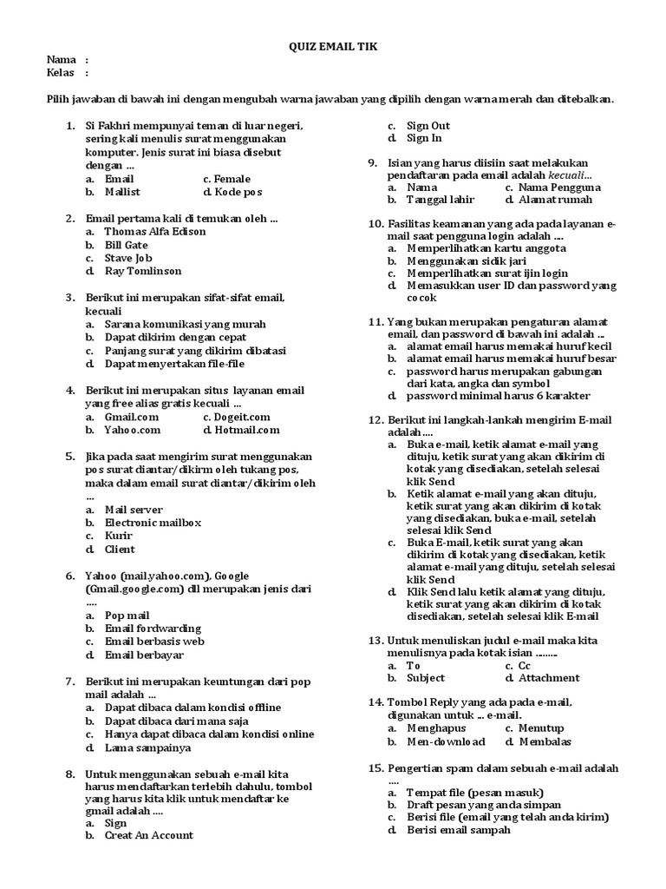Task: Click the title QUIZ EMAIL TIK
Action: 333,46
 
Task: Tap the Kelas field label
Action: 60,72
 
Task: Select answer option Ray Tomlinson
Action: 143,271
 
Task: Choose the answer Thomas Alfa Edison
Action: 155,232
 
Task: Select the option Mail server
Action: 134,510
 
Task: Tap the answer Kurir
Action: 119,536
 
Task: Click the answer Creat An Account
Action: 148,835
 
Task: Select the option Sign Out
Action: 428,125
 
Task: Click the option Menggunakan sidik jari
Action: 468,260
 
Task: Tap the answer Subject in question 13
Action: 426,678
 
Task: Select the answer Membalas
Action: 549,741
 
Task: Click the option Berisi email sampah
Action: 459,830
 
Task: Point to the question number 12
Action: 375,419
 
